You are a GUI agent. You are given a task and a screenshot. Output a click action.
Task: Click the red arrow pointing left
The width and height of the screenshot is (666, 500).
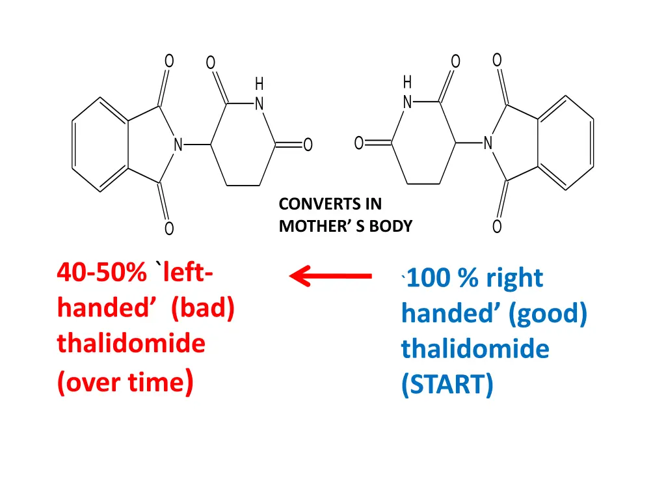click(x=330, y=277)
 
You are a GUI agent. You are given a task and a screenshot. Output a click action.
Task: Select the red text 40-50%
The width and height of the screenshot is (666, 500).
click(x=101, y=272)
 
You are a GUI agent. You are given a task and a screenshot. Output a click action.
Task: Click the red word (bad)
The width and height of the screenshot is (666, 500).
click(x=203, y=307)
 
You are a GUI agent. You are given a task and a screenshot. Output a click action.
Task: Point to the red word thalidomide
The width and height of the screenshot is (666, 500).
click(x=131, y=343)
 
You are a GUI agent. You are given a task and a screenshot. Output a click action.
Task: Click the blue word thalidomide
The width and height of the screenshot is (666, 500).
click(x=475, y=350)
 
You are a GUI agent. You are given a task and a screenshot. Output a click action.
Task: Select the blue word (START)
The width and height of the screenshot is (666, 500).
click(x=447, y=385)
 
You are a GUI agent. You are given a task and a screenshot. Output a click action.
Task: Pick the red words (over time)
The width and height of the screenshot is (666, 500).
click(x=124, y=382)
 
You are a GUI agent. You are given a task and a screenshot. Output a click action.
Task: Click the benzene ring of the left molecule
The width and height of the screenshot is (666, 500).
click(x=100, y=145)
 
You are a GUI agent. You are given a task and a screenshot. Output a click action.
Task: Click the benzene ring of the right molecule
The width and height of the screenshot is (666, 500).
click(x=565, y=143)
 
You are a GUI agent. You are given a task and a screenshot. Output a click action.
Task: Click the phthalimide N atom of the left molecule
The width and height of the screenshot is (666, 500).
click(x=178, y=145)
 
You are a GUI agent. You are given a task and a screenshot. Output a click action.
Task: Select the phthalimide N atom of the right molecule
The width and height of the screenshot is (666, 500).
click(x=488, y=144)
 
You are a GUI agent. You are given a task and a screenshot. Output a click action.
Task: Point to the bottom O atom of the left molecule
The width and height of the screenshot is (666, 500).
click(x=169, y=229)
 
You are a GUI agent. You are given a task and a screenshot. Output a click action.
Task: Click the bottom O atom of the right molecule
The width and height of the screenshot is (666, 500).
click(x=497, y=227)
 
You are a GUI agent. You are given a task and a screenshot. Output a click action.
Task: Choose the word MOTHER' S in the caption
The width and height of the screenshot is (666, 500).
click(x=312, y=227)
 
